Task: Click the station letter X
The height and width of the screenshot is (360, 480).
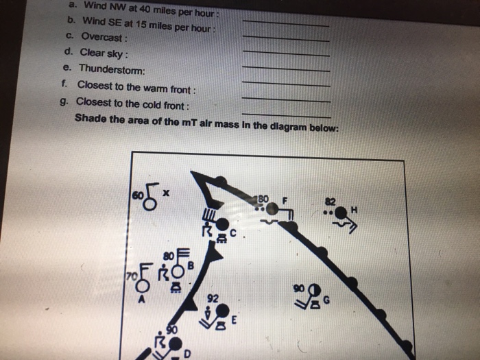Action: [x=166, y=193]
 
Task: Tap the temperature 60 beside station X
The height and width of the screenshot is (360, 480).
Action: [x=137, y=195]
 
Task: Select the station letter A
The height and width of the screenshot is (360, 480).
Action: [x=141, y=299]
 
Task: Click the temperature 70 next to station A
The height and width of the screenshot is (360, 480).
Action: [x=132, y=276]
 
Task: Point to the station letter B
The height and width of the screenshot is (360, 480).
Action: [x=191, y=265]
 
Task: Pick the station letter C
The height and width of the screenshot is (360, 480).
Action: [x=233, y=234]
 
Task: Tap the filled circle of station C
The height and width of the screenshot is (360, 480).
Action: [x=222, y=224]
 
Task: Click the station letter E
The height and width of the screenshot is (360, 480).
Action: [x=234, y=320]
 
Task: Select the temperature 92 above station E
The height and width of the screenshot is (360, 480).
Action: [x=213, y=298]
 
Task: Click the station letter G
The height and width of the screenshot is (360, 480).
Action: [x=326, y=300]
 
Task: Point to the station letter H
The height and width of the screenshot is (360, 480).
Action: [x=355, y=210]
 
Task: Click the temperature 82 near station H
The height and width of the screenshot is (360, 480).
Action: [x=331, y=202]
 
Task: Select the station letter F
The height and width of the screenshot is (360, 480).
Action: [x=285, y=200]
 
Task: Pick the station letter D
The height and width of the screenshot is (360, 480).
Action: [x=187, y=354]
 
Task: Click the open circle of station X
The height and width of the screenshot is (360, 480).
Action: [x=149, y=204]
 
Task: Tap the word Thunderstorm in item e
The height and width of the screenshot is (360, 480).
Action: [x=112, y=69]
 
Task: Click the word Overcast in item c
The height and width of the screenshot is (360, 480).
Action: [x=101, y=37]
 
